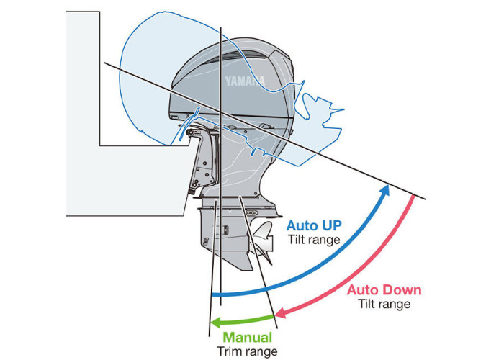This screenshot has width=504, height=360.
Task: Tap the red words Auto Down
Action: [384, 290]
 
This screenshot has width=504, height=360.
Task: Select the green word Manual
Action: [248, 337]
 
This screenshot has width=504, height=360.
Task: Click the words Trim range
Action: [247, 351]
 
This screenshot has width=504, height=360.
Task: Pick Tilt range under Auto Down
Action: [384, 304]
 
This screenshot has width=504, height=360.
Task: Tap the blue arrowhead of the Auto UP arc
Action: [387, 189]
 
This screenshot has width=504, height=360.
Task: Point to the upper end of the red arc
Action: [413, 198]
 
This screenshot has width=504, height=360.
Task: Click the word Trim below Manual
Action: [230, 351]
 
